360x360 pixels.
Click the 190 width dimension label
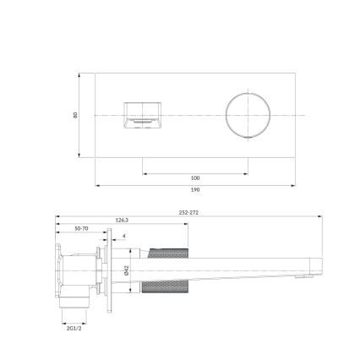195,191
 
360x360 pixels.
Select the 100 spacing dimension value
195,177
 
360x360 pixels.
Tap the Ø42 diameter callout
126,270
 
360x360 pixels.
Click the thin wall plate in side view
105,270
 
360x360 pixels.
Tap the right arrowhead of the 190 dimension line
297,185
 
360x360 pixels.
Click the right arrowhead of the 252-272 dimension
321,218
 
